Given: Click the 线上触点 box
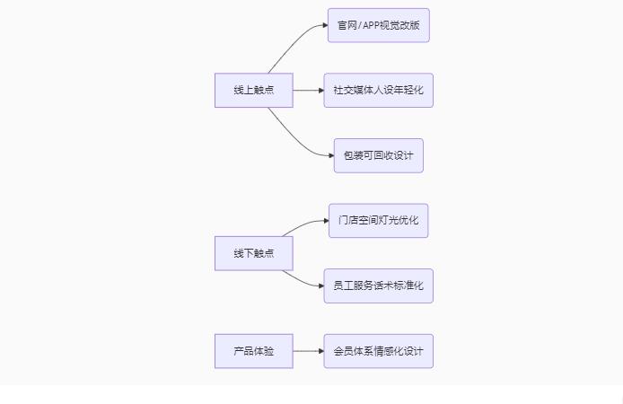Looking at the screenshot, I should pyautogui.click(x=253, y=91).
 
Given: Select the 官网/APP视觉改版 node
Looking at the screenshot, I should pyautogui.click(x=378, y=25).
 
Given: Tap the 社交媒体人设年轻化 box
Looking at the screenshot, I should pyautogui.click(x=378, y=91).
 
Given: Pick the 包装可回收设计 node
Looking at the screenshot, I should pyautogui.click(x=378, y=155).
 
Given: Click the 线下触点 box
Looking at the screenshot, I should pyautogui.click(x=253, y=253).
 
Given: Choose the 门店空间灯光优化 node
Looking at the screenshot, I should pyautogui.click(x=378, y=221).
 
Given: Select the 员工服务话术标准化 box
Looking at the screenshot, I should pyautogui.click(x=378, y=285).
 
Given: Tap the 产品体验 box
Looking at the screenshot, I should pyautogui.click(x=253, y=351).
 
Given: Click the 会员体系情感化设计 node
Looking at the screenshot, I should pyautogui.click(x=378, y=351).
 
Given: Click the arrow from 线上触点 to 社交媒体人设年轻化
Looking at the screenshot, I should pyautogui.click(x=308, y=91).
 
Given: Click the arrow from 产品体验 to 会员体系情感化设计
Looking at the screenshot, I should pyautogui.click(x=308, y=351).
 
